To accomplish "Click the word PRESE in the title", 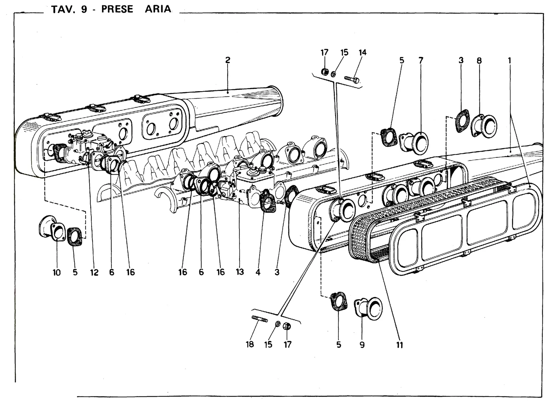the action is coord(117,9).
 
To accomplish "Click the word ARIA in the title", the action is coord(158,9).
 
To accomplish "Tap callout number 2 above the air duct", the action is coord(228,60).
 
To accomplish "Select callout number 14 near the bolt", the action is coord(362,52).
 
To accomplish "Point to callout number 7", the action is coord(421,60).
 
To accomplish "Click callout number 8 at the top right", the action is coord(479,60).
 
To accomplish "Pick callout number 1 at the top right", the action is coord(510,60).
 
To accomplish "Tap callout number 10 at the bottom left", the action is coord(57,272).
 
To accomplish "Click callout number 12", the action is coord(94,272).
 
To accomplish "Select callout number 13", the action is coord(240,272).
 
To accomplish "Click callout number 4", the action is coord(258,272).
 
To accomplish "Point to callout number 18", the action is coord(250,344).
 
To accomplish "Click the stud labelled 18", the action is coord(259,319).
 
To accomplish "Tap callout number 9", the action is coord(362,345).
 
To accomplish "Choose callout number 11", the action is coord(399,345).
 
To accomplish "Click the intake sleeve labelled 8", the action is coord(484,126).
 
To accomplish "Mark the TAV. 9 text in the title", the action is coord(69,9).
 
